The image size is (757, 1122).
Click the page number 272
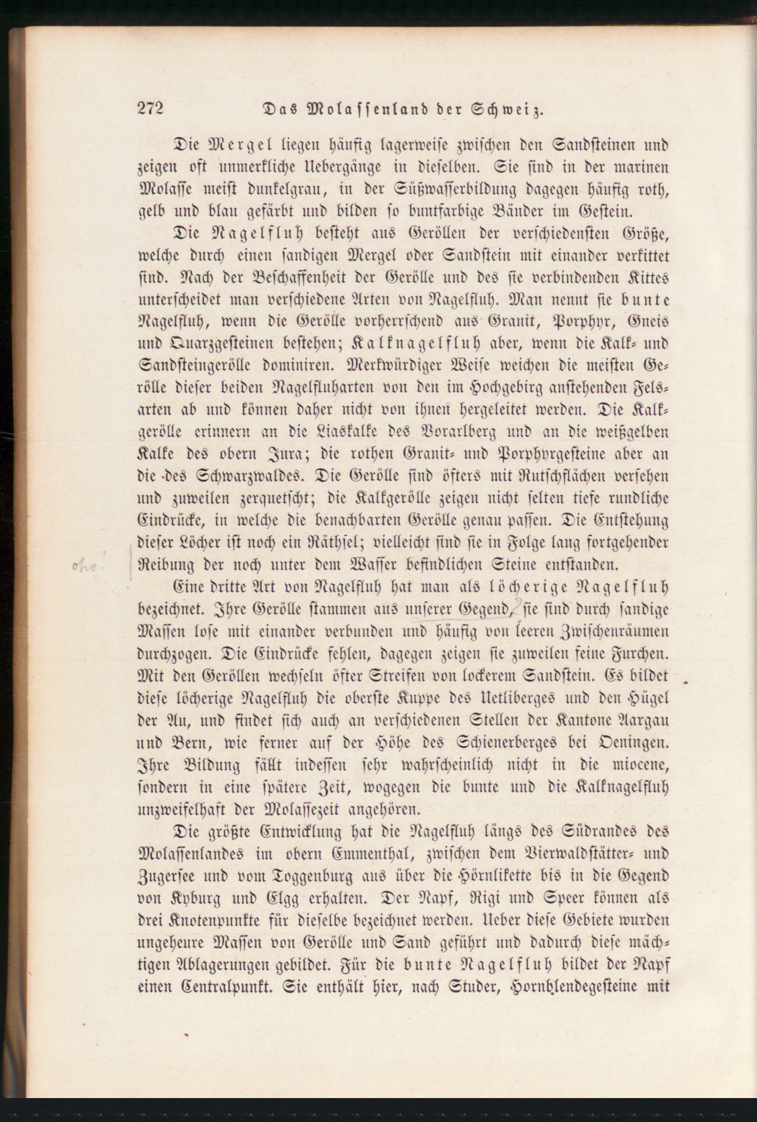[x=151, y=108]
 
